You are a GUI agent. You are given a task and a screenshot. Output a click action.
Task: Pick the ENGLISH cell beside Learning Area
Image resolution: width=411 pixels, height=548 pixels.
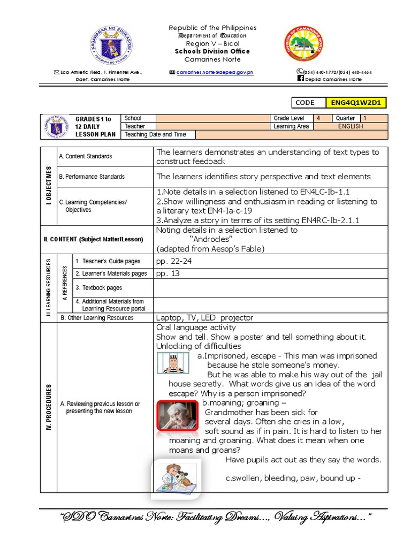pyautogui.click(x=351, y=126)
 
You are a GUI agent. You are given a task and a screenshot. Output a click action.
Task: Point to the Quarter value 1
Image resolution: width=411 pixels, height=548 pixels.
pyautogui.click(x=374, y=118)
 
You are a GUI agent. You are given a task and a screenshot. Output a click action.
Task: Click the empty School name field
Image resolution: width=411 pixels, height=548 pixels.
pyautogui.click(x=212, y=118)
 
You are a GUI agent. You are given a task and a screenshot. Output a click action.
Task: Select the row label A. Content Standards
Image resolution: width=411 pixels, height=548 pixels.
pyautogui.click(x=86, y=156)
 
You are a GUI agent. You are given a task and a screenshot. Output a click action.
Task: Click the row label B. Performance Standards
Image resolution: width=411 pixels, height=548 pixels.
pyautogui.click(x=92, y=177)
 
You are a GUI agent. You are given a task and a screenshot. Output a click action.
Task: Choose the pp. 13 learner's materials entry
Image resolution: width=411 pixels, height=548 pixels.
pyautogui.click(x=168, y=273)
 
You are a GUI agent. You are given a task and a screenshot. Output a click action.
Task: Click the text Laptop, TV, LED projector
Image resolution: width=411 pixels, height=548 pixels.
pyautogui.click(x=204, y=317)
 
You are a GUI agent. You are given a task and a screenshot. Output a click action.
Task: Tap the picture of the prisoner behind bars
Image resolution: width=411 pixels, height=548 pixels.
pyautogui.click(x=174, y=362)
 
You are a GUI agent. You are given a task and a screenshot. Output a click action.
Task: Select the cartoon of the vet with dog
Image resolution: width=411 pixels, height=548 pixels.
pyautogui.click(x=176, y=476)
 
